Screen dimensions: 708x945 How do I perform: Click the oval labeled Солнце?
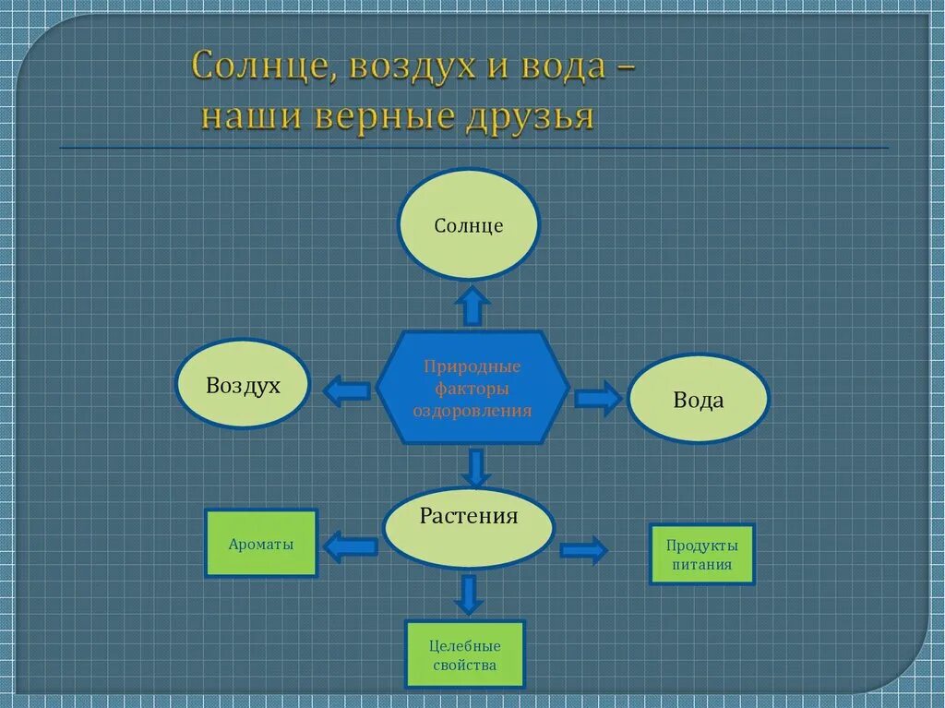coord(469,224)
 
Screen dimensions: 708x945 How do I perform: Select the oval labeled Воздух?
coord(243,384)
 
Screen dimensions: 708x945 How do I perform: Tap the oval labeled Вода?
coord(699,399)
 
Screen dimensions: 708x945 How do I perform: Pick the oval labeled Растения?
coord(469,528)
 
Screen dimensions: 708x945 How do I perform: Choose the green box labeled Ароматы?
coord(261,544)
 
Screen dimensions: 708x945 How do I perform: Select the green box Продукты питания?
coord(702,555)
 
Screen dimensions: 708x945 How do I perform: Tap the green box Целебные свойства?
coord(464,655)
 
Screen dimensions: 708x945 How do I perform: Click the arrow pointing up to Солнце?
coord(472,306)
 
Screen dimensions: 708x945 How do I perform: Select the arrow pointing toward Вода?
coord(598,399)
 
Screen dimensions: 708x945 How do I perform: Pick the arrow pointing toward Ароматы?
coord(351,546)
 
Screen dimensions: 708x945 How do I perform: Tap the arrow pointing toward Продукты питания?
coord(583,551)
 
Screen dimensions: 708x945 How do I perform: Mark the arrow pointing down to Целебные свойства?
coord(469,595)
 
